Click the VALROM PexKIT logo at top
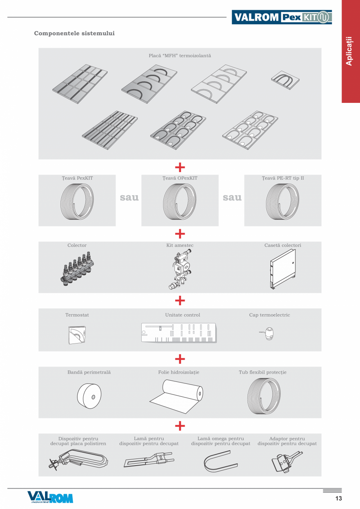(x=282, y=17)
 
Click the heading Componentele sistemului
(x=74, y=33)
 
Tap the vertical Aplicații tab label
(x=349, y=51)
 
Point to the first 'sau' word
(x=129, y=198)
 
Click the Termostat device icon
(x=77, y=333)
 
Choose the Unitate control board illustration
(x=178, y=333)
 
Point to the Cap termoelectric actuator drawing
(x=268, y=333)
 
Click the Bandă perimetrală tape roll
(x=89, y=394)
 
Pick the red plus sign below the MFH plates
(x=180, y=167)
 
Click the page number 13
(x=338, y=498)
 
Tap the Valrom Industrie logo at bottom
(x=50, y=497)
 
